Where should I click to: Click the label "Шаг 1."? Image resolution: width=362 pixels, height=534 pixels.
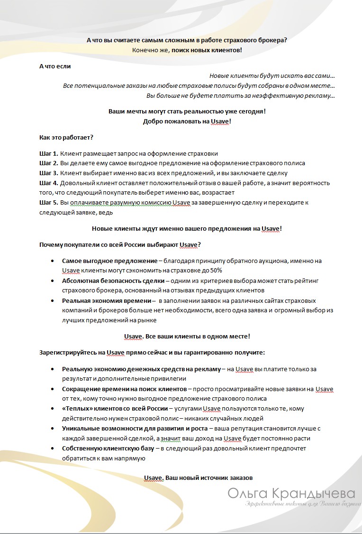coord(49,153)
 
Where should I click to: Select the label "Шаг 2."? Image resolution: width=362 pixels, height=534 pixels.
coord(49,163)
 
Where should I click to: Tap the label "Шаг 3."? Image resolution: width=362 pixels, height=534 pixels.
coord(49,173)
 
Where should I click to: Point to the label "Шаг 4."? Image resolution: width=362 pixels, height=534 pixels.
coord(49,183)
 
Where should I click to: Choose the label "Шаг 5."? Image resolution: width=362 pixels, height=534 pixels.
coord(49,203)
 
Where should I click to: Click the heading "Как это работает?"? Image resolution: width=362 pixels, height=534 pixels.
coord(66,138)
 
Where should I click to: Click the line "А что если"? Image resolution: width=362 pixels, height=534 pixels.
coord(55,66)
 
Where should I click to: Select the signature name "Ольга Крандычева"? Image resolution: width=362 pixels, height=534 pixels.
coord(291,493)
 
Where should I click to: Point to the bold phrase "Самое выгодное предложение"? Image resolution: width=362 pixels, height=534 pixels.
coord(109,261)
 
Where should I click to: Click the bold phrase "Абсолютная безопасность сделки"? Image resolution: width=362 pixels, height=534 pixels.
coord(113,281)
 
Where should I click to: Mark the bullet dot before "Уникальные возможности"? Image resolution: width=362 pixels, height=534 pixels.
coord(52,429)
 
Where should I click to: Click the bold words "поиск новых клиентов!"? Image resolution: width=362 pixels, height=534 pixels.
coord(207,50)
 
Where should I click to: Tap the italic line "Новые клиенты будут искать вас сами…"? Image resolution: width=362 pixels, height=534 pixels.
coord(272,76)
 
